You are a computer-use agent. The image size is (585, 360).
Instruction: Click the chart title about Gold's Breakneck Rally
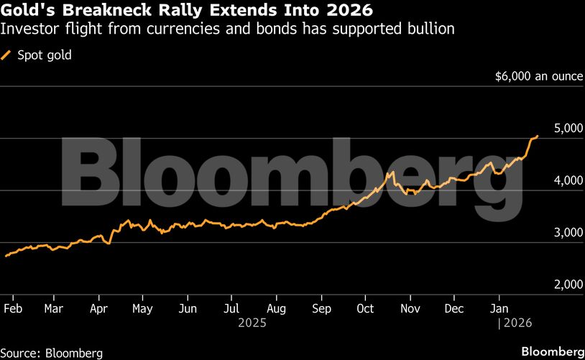[188, 11]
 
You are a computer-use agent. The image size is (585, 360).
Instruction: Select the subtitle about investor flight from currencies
[229, 29]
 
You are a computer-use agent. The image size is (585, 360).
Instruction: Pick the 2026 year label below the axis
[517, 323]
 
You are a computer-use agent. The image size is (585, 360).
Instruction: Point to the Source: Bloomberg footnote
[51, 353]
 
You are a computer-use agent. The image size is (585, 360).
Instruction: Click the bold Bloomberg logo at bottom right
[552, 351]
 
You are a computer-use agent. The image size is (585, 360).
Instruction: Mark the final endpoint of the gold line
[538, 136]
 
